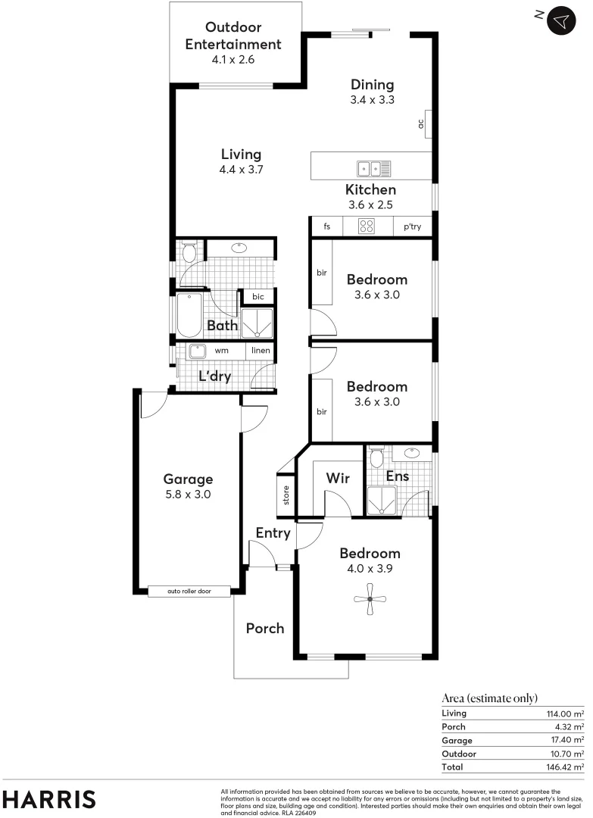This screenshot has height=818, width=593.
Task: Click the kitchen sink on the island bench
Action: pyautogui.click(x=373, y=168)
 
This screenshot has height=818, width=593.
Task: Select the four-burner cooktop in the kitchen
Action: pyautogui.click(x=368, y=226)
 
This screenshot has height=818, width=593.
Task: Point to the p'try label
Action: pyautogui.click(x=412, y=226)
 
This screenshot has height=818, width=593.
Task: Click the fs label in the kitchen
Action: pyautogui.click(x=327, y=226)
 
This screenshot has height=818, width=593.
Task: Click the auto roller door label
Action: pyautogui.click(x=189, y=591)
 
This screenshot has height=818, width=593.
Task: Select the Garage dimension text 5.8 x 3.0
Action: pyautogui.click(x=188, y=495)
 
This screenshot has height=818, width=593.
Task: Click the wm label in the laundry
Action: pyautogui.click(x=221, y=351)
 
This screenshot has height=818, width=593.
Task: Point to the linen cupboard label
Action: pyautogui.click(x=261, y=351)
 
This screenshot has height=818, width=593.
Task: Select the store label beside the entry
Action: pyautogui.click(x=287, y=496)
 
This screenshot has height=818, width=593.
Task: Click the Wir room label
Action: pyautogui.click(x=337, y=478)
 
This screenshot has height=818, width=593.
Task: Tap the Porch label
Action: pyautogui.click(x=265, y=628)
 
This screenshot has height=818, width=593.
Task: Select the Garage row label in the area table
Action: pyautogui.click(x=457, y=740)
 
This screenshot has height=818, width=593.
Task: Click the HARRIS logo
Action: pyautogui.click(x=50, y=799)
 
